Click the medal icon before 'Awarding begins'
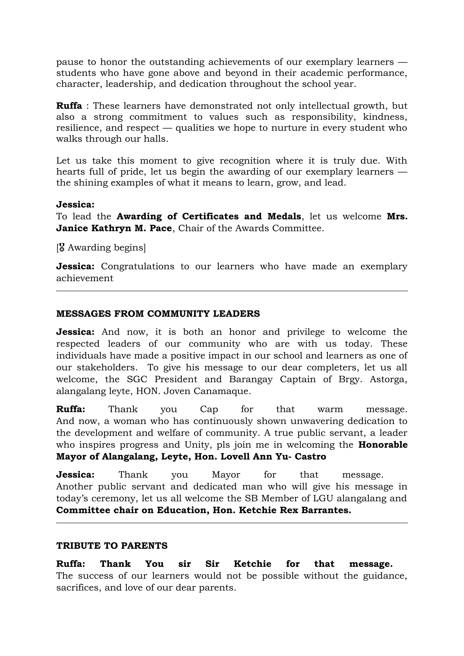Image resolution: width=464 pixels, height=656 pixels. [x=61, y=247]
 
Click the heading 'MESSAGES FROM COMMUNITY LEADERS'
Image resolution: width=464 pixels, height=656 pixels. [x=158, y=314]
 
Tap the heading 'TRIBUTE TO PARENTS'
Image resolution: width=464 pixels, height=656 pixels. [x=112, y=546]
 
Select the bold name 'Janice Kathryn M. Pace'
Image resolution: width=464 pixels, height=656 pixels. [x=114, y=228]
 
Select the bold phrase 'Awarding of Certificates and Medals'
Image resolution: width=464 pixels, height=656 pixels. [x=209, y=216]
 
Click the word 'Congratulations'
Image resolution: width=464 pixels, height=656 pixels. [x=138, y=266]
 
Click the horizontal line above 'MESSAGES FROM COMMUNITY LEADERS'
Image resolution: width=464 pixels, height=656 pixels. [x=232, y=291]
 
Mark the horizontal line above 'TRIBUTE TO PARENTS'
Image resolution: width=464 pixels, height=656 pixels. [x=232, y=523]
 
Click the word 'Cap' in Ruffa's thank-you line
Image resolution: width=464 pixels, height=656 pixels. [x=209, y=409]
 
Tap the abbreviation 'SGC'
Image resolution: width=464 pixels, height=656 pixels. [x=137, y=379]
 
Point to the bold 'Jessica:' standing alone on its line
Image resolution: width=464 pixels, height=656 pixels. [x=75, y=205]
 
